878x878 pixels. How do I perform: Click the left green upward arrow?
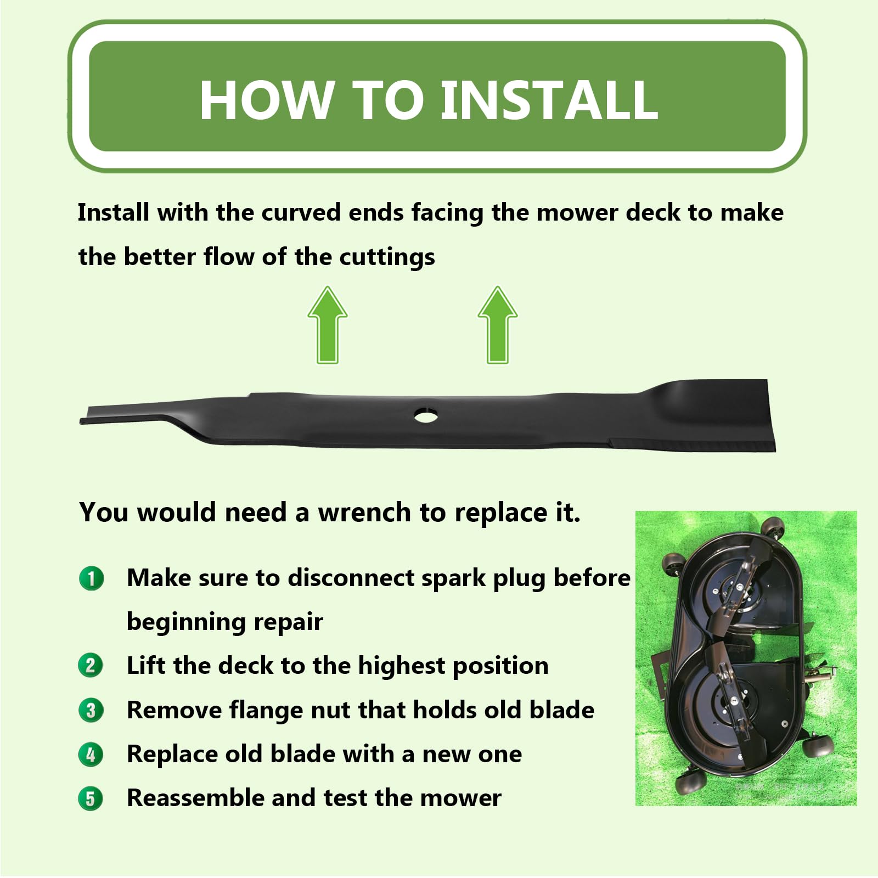pyautogui.click(x=328, y=325)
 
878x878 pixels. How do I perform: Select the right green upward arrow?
pyautogui.click(x=498, y=325)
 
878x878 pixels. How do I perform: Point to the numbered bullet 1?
pyautogui.click(x=91, y=578)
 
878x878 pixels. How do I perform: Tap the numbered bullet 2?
pyautogui.click(x=91, y=666)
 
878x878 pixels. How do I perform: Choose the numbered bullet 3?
pyautogui.click(x=91, y=710)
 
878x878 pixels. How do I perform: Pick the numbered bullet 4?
pyautogui.click(x=91, y=755)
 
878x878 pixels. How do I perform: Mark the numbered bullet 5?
pyautogui.click(x=91, y=798)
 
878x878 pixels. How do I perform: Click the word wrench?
pyautogui.click(x=364, y=513)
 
